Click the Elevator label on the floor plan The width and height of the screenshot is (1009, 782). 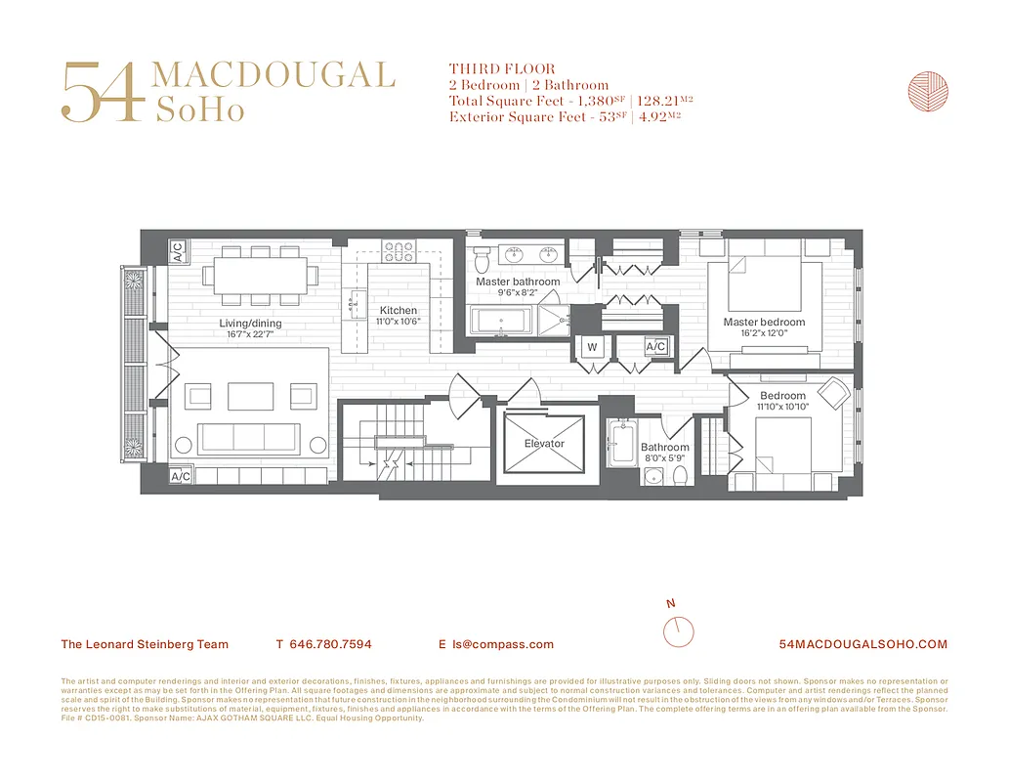[544, 444]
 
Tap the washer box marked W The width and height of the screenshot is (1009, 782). [592, 346]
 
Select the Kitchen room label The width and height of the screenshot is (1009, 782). [399, 311]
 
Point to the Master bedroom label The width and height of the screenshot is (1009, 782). [764, 322]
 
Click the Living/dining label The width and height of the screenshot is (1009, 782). [250, 324]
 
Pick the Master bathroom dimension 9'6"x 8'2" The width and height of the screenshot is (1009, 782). [518, 292]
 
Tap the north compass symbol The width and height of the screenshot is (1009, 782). [678, 630]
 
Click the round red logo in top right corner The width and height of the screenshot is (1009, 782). [928, 92]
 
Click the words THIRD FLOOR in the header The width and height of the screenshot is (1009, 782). [488, 69]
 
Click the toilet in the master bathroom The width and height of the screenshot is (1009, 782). [482, 260]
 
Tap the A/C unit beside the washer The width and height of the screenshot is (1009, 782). [655, 346]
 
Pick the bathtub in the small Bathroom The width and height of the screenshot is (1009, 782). [619, 445]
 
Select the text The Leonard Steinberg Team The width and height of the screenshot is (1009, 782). [145, 644]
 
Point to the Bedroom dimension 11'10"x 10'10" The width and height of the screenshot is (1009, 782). [783, 407]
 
